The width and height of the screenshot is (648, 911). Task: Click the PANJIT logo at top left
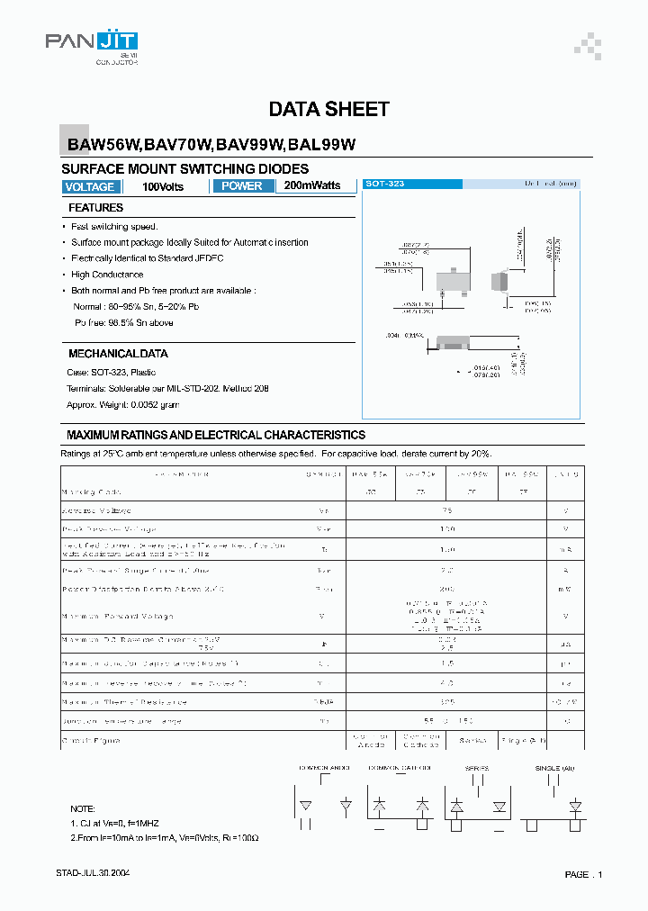pos(92,44)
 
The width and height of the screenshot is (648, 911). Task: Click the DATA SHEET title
pos(329,110)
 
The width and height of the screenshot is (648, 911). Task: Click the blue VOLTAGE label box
pos(90,187)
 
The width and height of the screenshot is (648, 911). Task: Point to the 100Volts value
pos(163,187)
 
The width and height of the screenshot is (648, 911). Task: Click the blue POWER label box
pos(242,186)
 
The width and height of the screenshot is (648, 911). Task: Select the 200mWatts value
pos(312,185)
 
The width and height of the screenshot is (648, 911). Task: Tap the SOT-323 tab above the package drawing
pos(384,184)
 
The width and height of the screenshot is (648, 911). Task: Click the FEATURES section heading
pos(96,208)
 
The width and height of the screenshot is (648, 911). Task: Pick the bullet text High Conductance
pos(107,275)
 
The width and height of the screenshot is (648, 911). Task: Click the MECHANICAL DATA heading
pos(118,354)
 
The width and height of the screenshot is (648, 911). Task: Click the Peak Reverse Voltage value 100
pos(447,529)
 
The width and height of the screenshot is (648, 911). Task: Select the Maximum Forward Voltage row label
pos(117,617)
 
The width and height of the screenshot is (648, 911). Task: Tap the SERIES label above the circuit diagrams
pos(477,768)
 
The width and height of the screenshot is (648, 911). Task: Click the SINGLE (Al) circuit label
pos(553,768)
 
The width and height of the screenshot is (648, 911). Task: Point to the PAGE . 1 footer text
pos(583,875)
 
